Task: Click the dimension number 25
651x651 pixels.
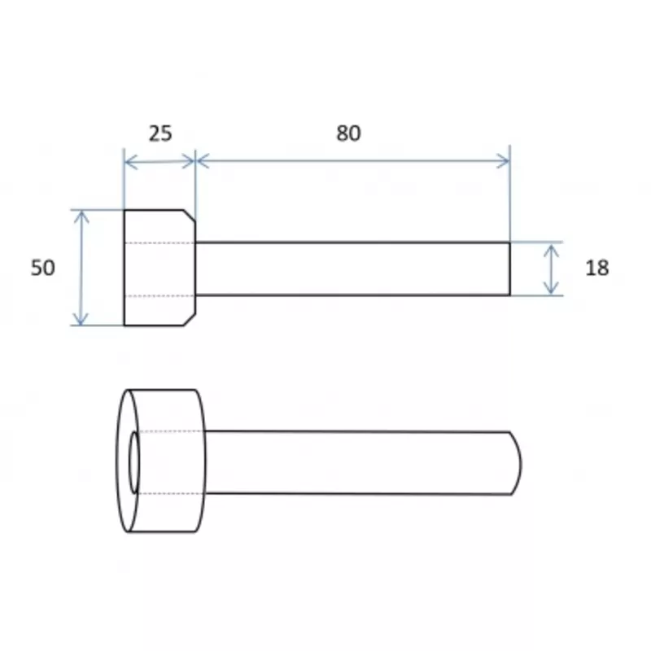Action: tap(160, 133)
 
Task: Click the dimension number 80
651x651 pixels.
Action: tap(348, 133)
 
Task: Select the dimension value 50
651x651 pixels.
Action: tap(43, 268)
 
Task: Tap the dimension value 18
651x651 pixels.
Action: tap(597, 268)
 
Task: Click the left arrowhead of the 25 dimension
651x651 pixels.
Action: tap(130, 162)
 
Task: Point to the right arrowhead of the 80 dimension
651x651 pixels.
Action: tap(503, 160)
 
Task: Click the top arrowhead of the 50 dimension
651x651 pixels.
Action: tap(81, 216)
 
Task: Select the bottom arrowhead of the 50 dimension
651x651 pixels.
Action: tap(81, 319)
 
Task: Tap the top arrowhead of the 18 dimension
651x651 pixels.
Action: tap(551, 251)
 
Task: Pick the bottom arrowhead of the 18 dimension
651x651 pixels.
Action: tap(551, 288)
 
